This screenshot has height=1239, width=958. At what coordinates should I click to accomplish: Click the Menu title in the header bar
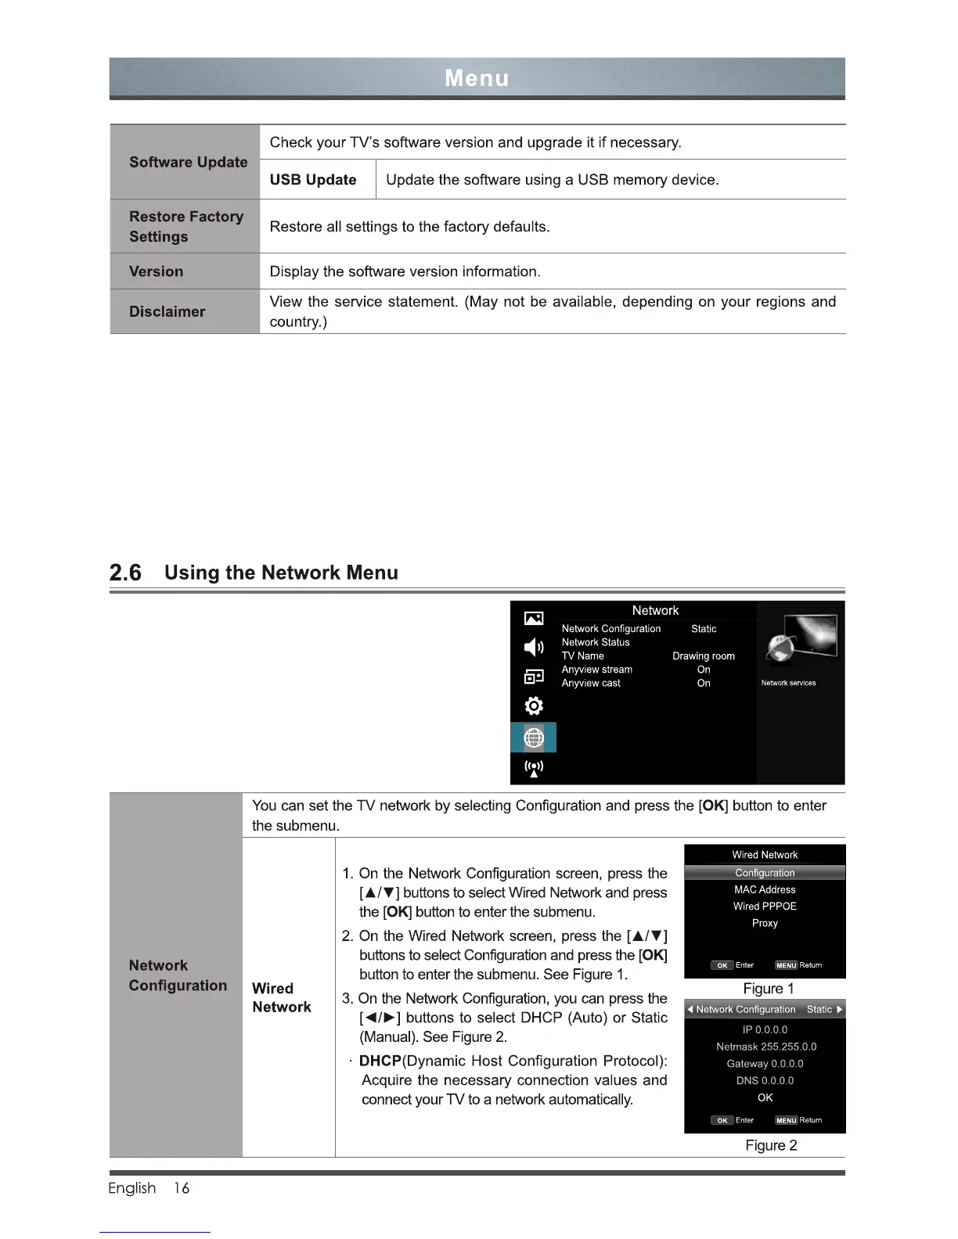(477, 78)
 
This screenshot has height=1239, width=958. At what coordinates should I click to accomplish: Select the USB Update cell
(313, 180)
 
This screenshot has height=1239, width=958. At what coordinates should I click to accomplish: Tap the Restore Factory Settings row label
(185, 227)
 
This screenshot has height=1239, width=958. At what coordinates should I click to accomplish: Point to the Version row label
(157, 271)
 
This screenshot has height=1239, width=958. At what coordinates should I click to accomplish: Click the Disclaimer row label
(167, 311)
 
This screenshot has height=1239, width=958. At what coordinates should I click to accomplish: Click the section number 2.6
(125, 573)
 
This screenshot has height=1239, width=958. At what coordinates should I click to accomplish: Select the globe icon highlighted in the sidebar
(534, 738)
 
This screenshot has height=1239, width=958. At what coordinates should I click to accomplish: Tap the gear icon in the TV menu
(534, 706)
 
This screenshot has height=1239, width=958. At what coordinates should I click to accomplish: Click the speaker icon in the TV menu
(534, 647)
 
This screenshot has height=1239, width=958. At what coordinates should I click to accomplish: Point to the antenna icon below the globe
(534, 768)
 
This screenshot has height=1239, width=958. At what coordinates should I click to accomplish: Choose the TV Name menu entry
(582, 656)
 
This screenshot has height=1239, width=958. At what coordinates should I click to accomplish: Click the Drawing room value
(704, 656)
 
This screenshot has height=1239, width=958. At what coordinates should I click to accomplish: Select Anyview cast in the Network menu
(591, 684)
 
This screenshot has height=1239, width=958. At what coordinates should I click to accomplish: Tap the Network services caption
(788, 683)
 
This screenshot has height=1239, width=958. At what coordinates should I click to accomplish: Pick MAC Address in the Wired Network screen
(765, 890)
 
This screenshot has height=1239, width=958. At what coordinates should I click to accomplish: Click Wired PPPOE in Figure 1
(765, 907)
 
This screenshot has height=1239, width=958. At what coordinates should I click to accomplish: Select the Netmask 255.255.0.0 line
(765, 1047)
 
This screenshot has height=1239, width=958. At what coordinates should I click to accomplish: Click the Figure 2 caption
(771, 1146)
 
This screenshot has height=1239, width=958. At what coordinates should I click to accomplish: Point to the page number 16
(182, 1188)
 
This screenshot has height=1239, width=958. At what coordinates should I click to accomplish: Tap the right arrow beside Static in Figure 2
(839, 1010)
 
